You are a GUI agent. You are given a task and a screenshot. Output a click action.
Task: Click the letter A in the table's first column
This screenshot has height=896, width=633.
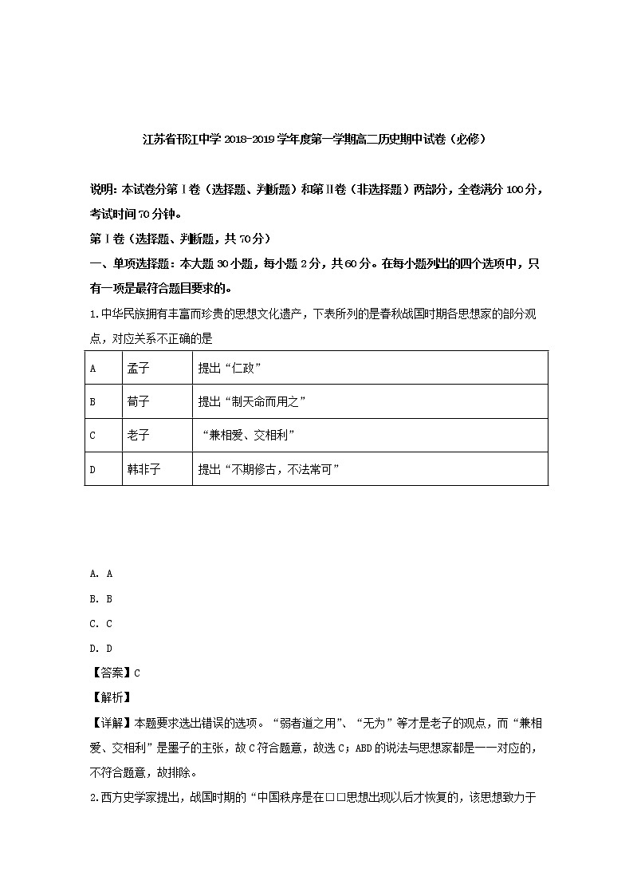(x=92, y=369)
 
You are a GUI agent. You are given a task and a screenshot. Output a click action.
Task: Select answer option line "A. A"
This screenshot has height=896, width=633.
(x=101, y=574)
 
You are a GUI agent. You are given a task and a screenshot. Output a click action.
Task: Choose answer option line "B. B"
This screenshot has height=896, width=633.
(x=101, y=598)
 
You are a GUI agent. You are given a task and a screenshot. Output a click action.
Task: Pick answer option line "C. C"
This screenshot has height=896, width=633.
(x=101, y=624)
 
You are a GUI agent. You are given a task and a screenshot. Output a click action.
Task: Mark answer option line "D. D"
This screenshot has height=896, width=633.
(x=101, y=649)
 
